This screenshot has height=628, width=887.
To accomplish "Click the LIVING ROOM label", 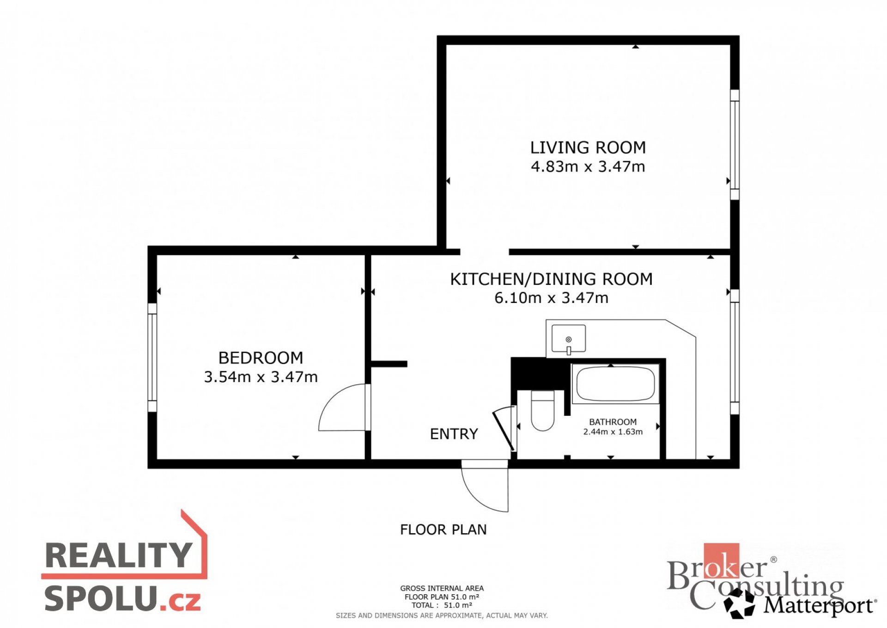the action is [x=588, y=148].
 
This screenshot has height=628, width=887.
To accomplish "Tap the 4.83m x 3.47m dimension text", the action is [x=588, y=166].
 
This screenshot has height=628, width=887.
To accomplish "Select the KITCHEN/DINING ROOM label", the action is [x=551, y=279].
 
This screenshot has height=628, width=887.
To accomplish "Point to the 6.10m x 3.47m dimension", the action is [x=551, y=298].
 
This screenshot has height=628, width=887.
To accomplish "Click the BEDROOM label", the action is [x=261, y=358].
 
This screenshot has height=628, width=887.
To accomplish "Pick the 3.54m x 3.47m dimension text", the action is [x=261, y=377].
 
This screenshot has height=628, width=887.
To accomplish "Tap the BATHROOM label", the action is [x=613, y=422].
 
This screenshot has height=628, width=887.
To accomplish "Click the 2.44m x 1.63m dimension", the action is [x=613, y=432].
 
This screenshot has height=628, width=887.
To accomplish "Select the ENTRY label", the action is [x=454, y=434].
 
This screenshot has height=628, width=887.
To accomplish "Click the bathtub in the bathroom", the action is [x=615, y=383].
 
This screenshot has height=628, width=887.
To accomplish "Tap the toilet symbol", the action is [x=543, y=411].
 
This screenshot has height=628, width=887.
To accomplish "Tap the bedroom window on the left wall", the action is [x=152, y=357].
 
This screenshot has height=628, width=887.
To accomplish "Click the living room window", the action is [x=735, y=144].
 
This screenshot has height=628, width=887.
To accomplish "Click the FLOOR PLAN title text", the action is [x=443, y=529].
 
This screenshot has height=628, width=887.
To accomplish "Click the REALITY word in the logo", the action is [x=118, y=555].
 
